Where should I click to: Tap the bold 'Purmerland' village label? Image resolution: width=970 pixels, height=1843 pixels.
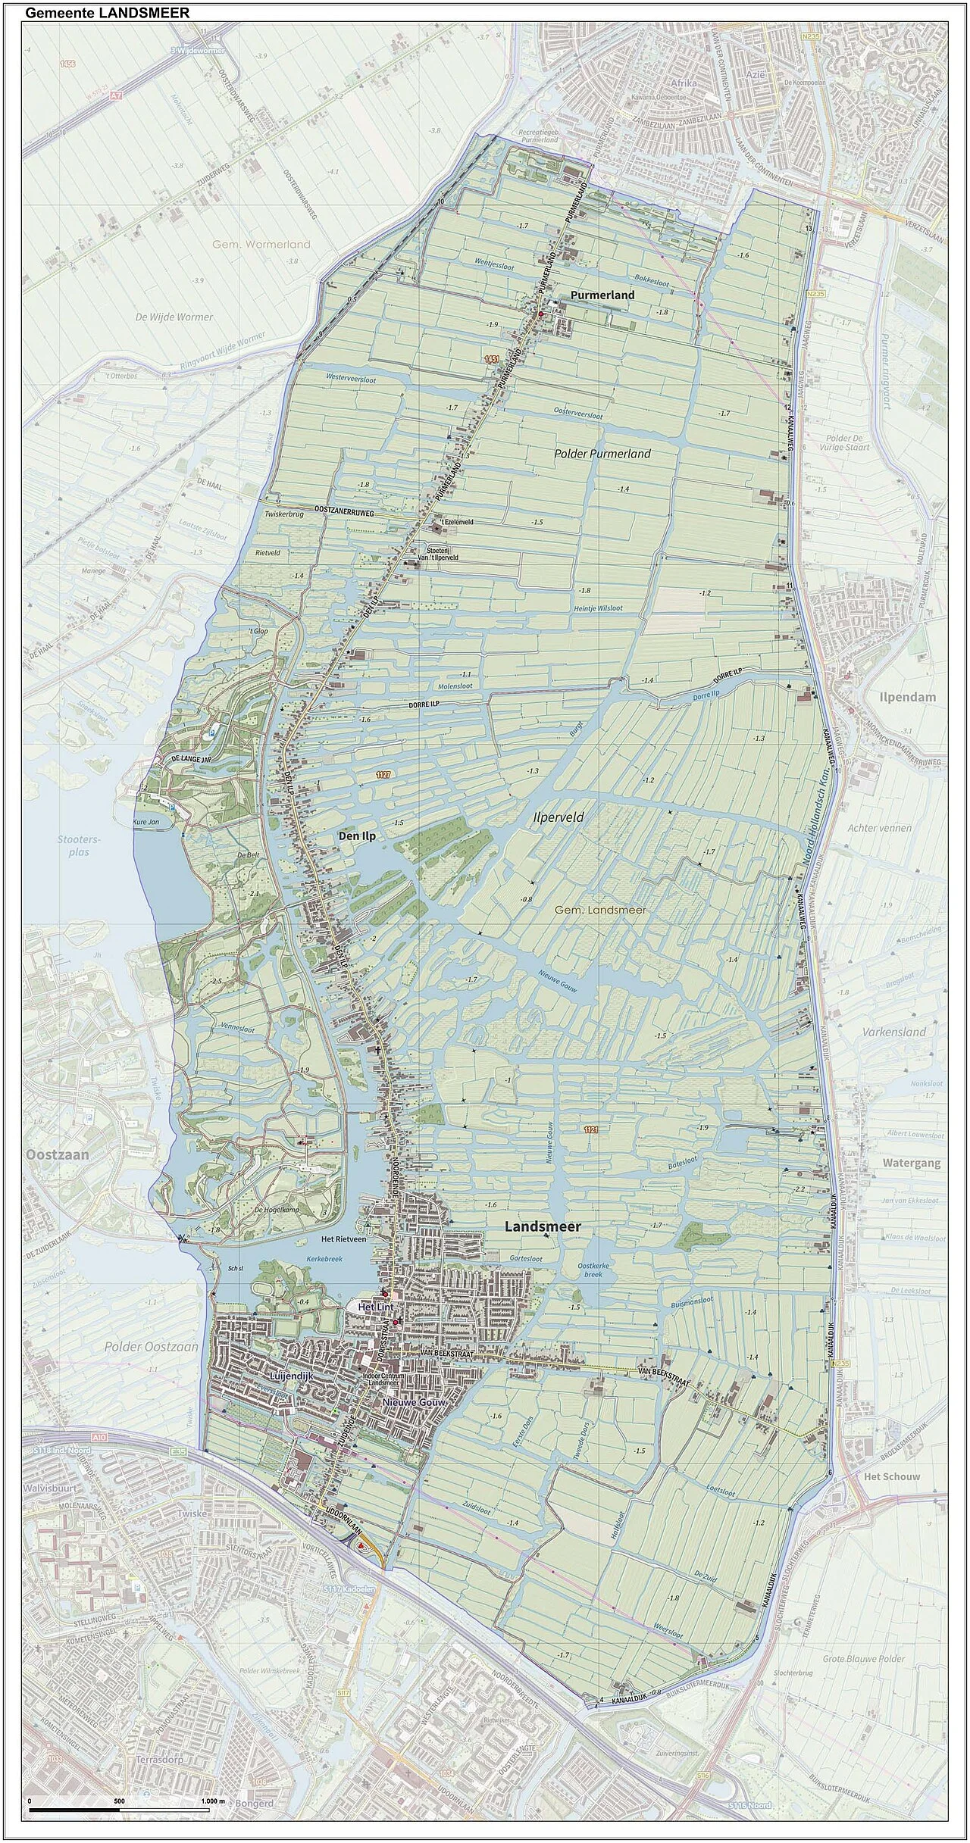tap(602, 295)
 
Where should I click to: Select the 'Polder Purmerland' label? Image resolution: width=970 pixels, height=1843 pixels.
tap(602, 454)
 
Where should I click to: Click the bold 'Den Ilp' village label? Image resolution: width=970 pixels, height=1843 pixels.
tap(356, 836)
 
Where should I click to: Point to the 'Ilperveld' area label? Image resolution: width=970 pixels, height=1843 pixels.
tap(559, 818)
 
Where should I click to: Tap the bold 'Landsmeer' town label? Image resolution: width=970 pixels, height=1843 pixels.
tap(543, 1226)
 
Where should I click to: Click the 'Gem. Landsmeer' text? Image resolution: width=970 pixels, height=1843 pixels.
tap(600, 910)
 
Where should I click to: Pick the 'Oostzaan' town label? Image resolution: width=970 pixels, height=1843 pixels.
tap(57, 1155)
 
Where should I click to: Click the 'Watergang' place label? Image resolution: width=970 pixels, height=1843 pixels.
tap(912, 1162)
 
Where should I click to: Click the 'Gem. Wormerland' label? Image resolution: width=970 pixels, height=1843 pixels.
tap(261, 244)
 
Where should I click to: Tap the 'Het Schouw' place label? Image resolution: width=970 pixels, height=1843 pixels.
tap(891, 1477)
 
